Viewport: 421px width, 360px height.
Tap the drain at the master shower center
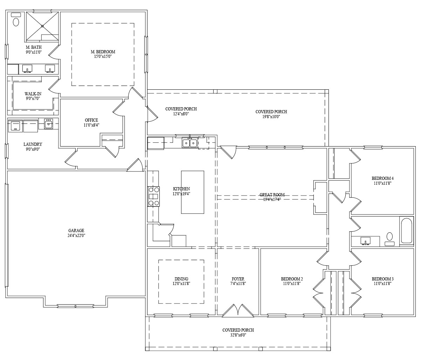click(42, 26)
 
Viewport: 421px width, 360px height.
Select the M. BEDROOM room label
click(103, 52)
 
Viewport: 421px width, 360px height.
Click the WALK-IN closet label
click(33, 94)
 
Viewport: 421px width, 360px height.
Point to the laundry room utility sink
click(48, 124)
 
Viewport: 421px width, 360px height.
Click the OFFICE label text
click(91, 120)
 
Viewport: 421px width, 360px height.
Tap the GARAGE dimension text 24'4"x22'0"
click(76, 235)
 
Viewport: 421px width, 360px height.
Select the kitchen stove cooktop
click(153, 196)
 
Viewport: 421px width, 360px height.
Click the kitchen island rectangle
click(193, 192)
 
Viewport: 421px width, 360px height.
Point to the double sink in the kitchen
click(189, 143)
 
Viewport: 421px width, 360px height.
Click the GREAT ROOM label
click(272, 195)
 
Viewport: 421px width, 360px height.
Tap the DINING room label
click(181, 279)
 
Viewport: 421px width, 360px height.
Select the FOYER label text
click(238, 279)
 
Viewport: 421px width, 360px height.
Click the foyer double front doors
click(238, 311)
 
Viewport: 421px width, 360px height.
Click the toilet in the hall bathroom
click(389, 239)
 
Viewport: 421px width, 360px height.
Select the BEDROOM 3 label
click(382, 279)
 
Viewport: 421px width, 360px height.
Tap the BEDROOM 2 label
click(292, 279)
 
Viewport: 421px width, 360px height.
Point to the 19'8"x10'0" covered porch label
click(271, 117)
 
